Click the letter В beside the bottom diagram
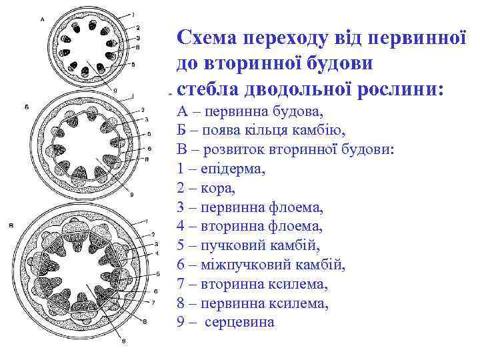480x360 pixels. click(11, 226)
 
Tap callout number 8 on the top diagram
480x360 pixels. click(137, 47)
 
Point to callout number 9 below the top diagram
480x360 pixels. click(115, 89)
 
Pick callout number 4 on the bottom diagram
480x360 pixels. click(155, 253)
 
